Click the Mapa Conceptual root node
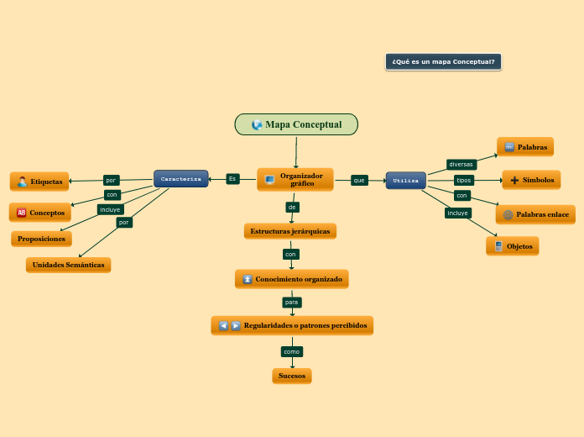tap(296, 124)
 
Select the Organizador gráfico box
tap(295, 179)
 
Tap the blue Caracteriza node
tap(180, 179)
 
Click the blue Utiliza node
tap(406, 180)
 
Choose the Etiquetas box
tap(39, 182)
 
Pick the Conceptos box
tap(40, 213)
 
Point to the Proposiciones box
tap(41, 239)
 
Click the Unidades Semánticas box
tap(68, 265)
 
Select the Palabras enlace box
tap(535, 214)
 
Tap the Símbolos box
tap(531, 180)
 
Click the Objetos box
tap(513, 246)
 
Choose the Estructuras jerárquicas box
tap(290, 230)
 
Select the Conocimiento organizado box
tap(291, 278)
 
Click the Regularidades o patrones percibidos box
tap(292, 325)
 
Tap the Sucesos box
tap(292, 376)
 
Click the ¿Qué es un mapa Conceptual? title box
tap(443, 61)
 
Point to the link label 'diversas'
tap(461, 164)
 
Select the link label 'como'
tap(291, 351)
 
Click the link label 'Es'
tap(232, 178)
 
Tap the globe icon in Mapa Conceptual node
tap(257, 124)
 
